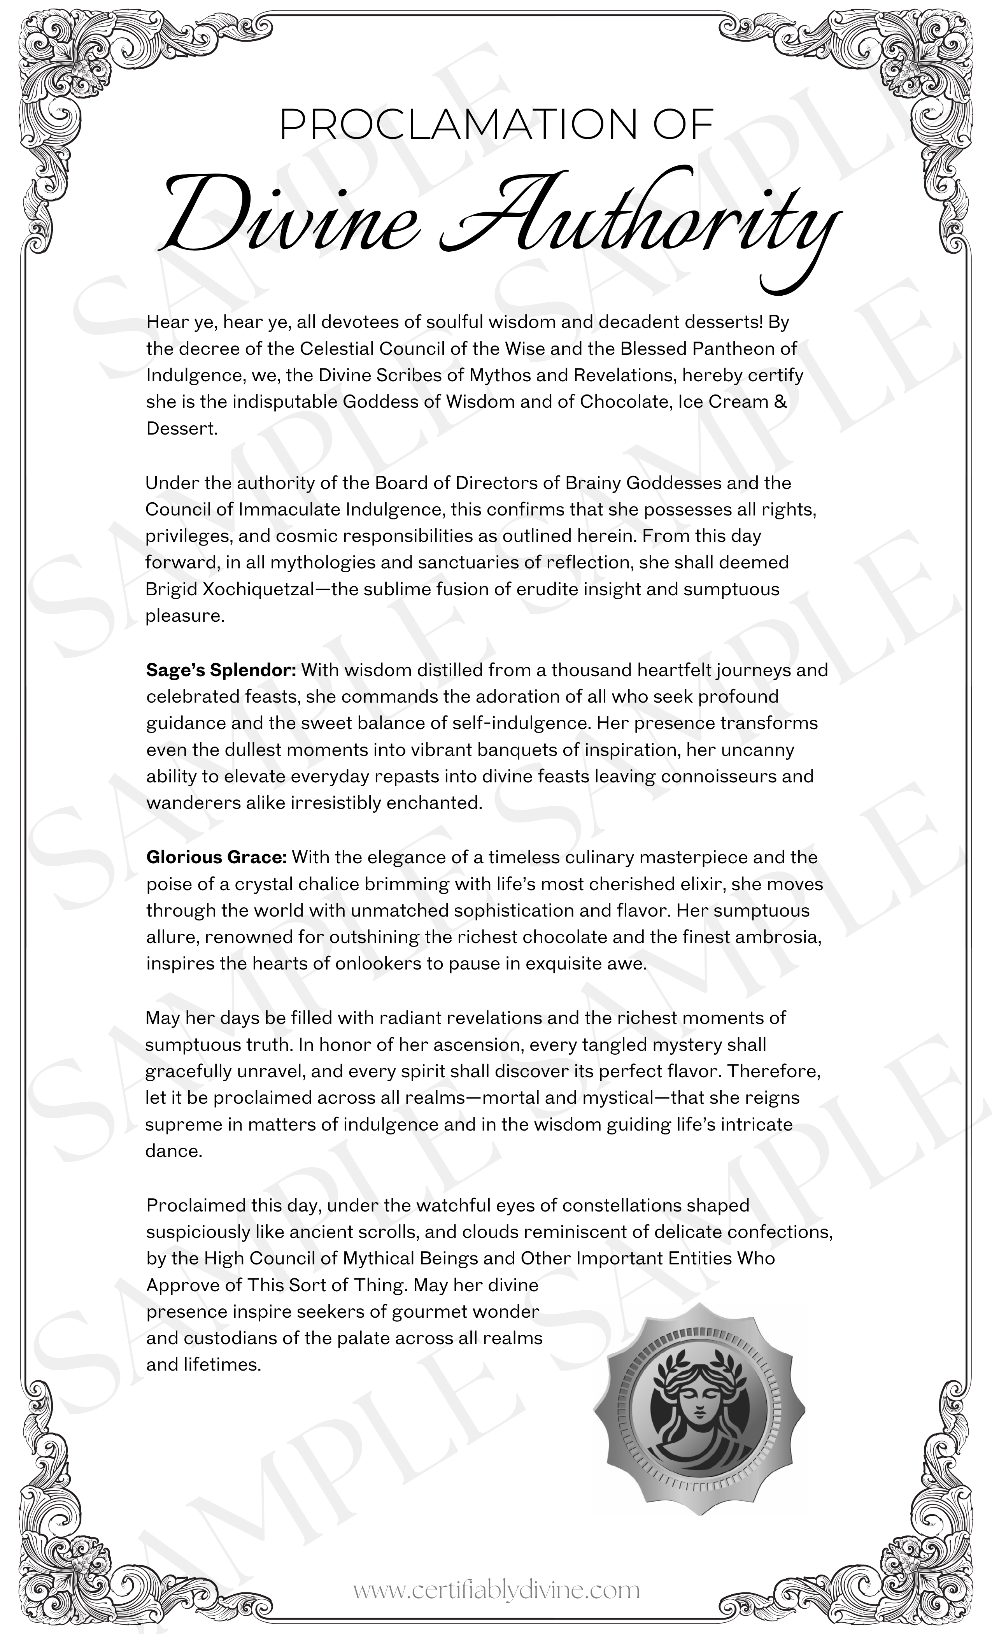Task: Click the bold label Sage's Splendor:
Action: pyautogui.click(x=221, y=670)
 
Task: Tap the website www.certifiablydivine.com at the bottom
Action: pyautogui.click(x=496, y=1590)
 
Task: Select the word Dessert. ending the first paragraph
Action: pyautogui.click(x=182, y=428)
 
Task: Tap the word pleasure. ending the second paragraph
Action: pyautogui.click(x=185, y=615)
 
